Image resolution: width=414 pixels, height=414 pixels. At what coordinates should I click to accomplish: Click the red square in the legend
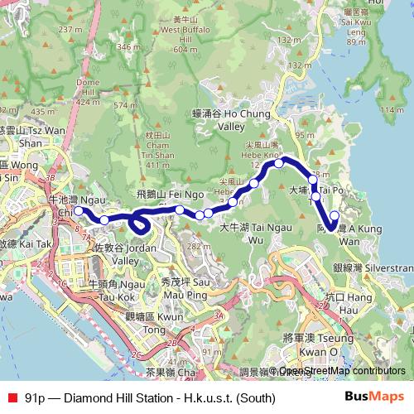tap(12, 398)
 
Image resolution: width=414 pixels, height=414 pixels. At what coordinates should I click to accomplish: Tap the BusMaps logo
tap(373, 398)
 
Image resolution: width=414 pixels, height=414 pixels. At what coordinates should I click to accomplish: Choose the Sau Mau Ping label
tap(186, 286)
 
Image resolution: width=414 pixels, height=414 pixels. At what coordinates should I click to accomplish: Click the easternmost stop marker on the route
tap(335, 216)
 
